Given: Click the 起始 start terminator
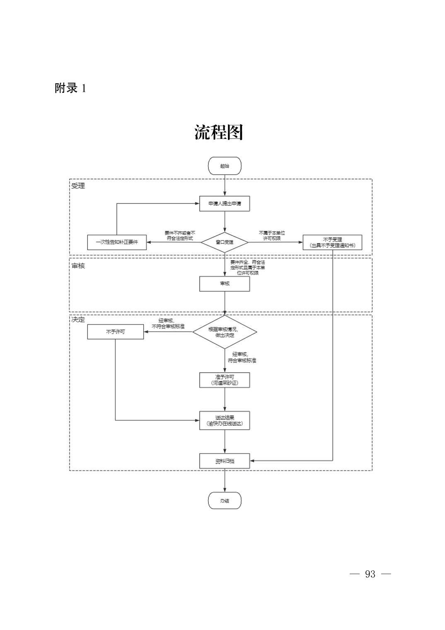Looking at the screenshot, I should [x=224, y=166].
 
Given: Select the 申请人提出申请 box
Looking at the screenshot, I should [x=224, y=204].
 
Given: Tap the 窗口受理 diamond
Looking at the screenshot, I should [x=224, y=242].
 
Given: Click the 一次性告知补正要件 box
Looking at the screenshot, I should [x=117, y=242].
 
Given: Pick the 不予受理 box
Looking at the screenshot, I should [x=332, y=242].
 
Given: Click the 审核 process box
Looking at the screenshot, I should [x=224, y=284].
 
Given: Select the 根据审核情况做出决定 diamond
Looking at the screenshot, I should [x=224, y=332].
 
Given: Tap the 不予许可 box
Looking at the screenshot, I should [x=115, y=332].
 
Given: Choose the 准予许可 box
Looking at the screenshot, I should [x=224, y=380].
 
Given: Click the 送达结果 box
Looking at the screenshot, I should [x=224, y=420].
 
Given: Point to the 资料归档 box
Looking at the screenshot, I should [x=224, y=461].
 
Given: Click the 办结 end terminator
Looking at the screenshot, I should [x=224, y=501].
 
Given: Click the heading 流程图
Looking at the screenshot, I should [x=218, y=132].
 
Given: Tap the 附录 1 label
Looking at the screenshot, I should [x=70, y=88].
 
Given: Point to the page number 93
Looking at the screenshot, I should [x=370, y=574].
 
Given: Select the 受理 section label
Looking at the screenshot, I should [x=78, y=186].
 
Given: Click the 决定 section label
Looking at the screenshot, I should [x=78, y=320].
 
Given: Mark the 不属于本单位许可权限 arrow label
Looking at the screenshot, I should [x=272, y=235].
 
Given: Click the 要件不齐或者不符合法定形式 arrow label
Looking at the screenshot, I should [x=180, y=235].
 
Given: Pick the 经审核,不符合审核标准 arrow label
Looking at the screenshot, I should [x=168, y=323].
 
